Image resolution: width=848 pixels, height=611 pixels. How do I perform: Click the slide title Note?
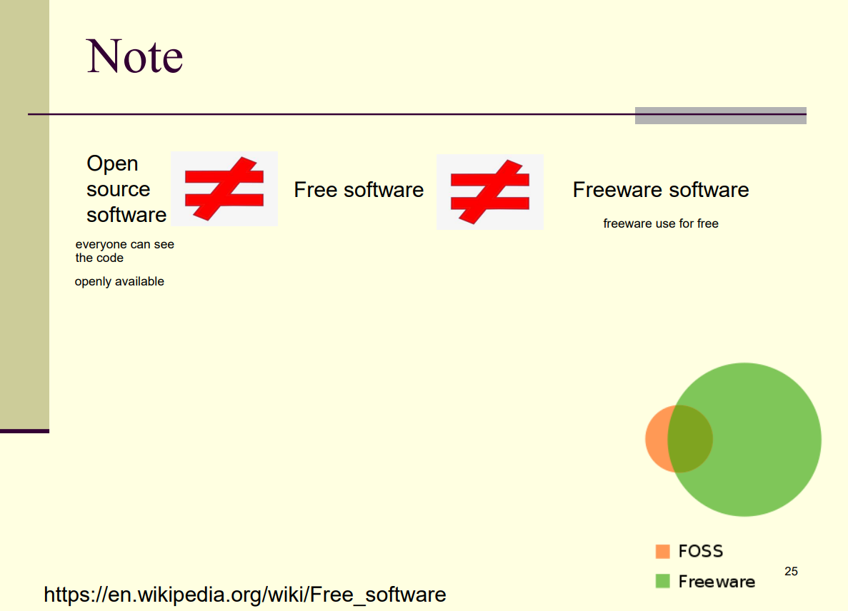pyautogui.click(x=134, y=56)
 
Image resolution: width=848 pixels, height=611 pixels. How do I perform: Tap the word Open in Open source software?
pyautogui.click(x=112, y=163)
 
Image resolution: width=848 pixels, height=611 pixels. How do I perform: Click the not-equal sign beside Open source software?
pyautogui.click(x=224, y=188)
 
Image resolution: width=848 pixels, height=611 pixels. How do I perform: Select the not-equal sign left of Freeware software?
pyautogui.click(x=490, y=192)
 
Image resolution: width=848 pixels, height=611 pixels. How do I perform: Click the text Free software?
pyautogui.click(x=359, y=190)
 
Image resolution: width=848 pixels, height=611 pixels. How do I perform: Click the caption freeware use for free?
pyautogui.click(x=661, y=223)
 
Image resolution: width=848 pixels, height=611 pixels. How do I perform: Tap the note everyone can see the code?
pyautogui.click(x=125, y=251)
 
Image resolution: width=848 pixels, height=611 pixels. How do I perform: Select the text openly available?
pyautogui.click(x=119, y=281)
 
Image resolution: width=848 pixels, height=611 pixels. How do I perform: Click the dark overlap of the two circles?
pyautogui.click(x=690, y=439)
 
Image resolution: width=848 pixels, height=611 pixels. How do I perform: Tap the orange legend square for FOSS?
pyautogui.click(x=662, y=551)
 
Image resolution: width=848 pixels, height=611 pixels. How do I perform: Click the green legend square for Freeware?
pyautogui.click(x=662, y=581)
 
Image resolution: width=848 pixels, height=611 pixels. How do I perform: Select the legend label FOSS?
pyautogui.click(x=701, y=551)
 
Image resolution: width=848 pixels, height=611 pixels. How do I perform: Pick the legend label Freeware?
pyautogui.click(x=717, y=581)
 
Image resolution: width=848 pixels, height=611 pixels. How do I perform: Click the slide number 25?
pyautogui.click(x=792, y=571)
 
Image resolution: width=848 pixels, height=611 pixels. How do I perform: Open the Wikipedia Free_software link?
pyautogui.click(x=245, y=595)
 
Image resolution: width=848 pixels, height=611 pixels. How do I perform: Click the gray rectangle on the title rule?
pyautogui.click(x=720, y=116)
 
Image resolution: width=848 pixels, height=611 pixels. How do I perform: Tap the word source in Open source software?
pyautogui.click(x=119, y=190)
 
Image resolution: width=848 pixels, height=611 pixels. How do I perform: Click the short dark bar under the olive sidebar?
pyautogui.click(x=24, y=431)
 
